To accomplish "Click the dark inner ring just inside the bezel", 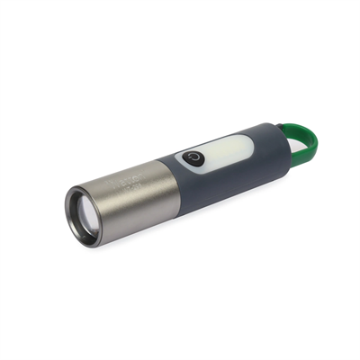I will (84, 215).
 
